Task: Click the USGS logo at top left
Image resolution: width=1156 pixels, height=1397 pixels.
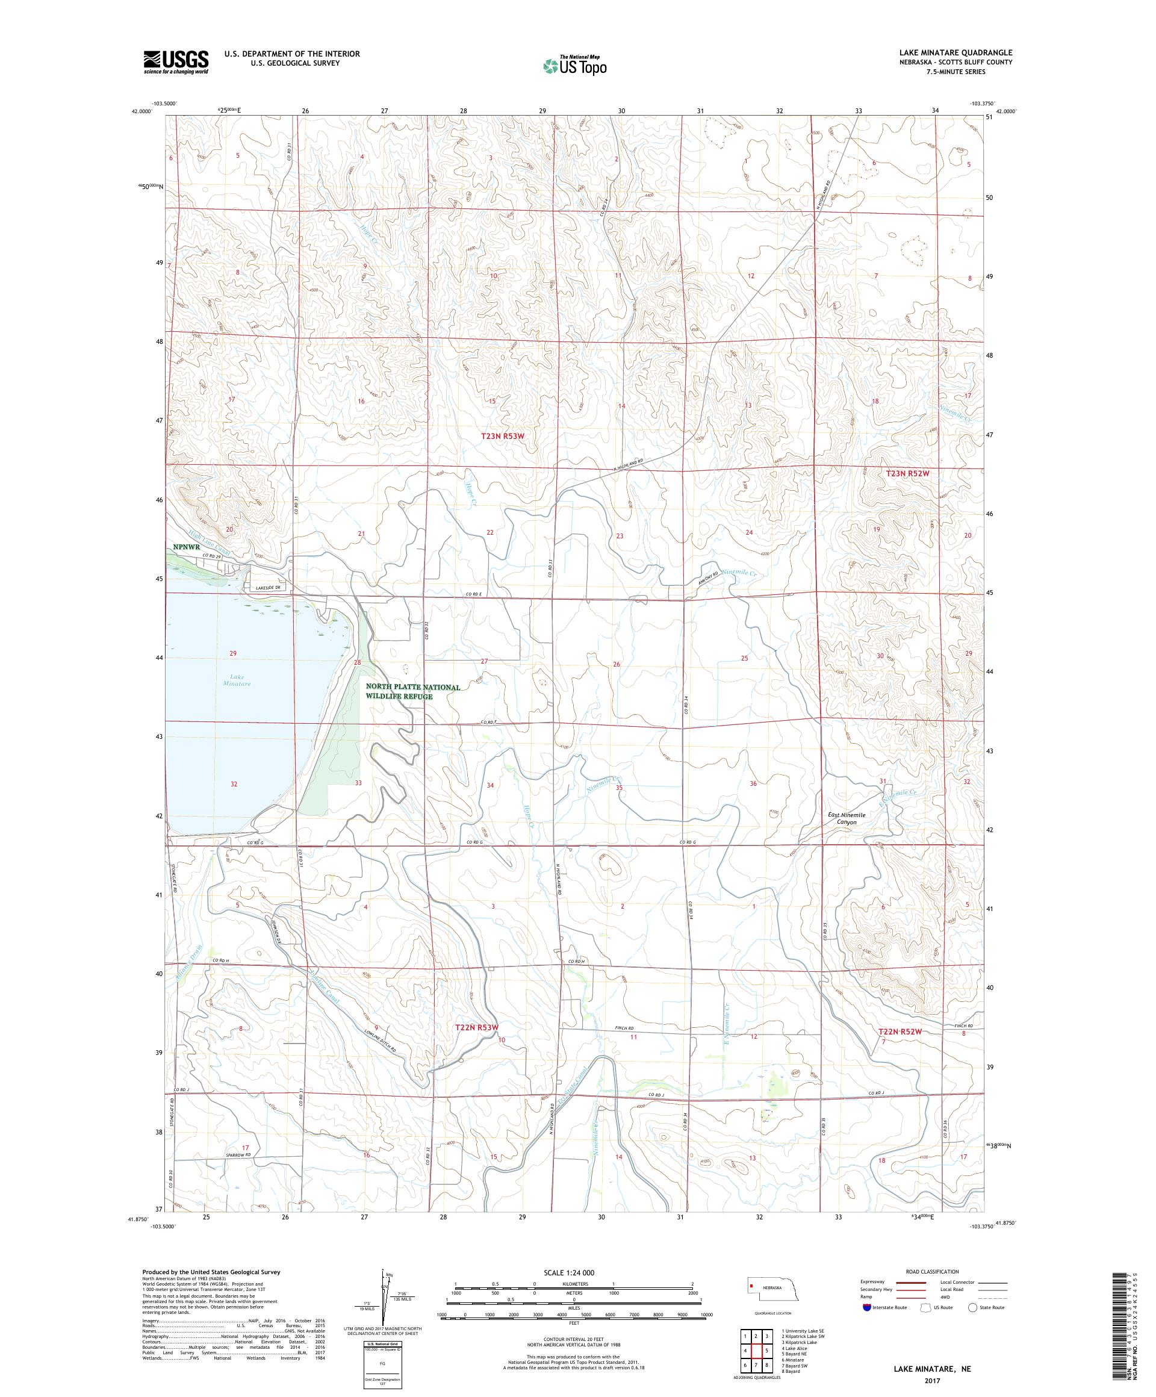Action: (176, 62)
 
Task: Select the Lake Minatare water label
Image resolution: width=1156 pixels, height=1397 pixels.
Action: (236, 680)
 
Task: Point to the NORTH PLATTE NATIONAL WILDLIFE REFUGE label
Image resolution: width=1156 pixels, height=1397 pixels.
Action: (412, 691)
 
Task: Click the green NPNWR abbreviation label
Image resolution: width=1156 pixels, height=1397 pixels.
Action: (184, 546)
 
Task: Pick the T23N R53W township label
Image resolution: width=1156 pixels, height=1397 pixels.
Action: (508, 436)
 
